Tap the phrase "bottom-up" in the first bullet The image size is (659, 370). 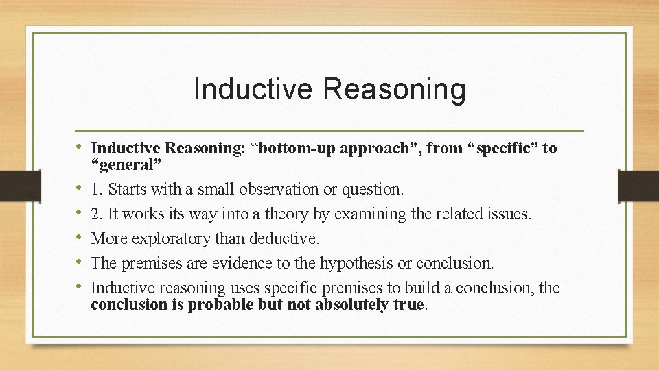[x=291, y=148]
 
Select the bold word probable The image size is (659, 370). [x=221, y=304]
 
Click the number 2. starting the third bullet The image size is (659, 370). [x=97, y=214]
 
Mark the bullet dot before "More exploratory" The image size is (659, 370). [x=81, y=238]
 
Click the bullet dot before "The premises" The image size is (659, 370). [x=81, y=263]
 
